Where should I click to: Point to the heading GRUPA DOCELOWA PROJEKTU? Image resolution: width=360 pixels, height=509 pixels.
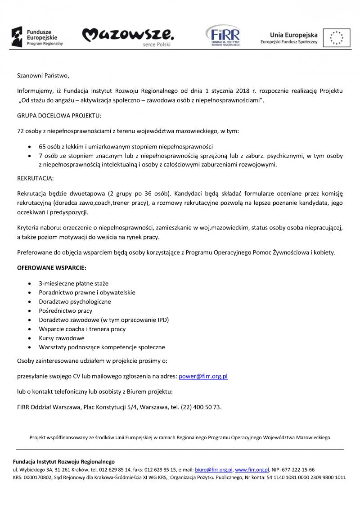tap(59, 116)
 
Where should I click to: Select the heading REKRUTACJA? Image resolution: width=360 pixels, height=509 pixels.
tap(35, 179)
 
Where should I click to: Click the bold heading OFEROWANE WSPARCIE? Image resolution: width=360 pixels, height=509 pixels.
tap(52, 268)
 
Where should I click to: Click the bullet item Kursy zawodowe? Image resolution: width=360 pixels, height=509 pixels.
tap(62, 338)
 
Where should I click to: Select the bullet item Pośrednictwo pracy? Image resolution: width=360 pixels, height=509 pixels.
tap(66, 311)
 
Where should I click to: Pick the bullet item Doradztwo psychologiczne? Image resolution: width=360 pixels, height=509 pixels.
tap(75, 302)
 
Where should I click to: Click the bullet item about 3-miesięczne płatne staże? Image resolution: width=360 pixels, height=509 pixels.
tap(73, 284)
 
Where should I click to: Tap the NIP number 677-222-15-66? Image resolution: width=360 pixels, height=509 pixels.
tap(299, 469)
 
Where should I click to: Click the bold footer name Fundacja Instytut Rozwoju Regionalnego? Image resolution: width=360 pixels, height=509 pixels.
tap(63, 461)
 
